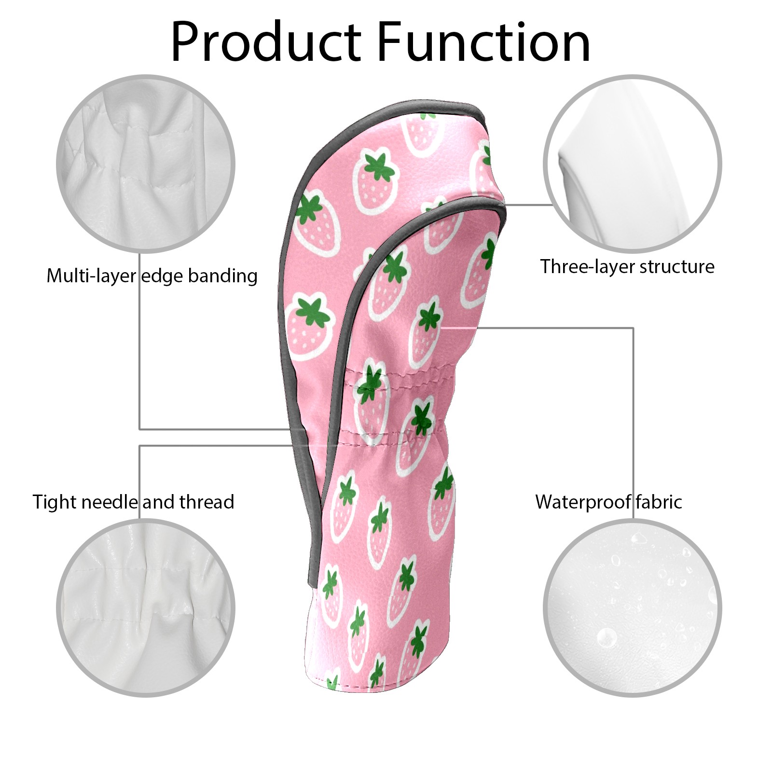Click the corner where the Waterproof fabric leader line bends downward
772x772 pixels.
[x=633, y=328]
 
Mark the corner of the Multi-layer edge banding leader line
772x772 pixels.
[x=139, y=429]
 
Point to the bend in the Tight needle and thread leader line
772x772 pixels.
[x=139, y=446]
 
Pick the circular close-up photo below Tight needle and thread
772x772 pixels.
[x=146, y=607]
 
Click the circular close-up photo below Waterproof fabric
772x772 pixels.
[x=633, y=607]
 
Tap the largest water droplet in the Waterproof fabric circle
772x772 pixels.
[x=607, y=637]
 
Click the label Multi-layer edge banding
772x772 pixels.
[x=152, y=276]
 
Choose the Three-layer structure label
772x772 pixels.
[x=627, y=266]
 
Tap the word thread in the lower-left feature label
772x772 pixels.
[x=207, y=502]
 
